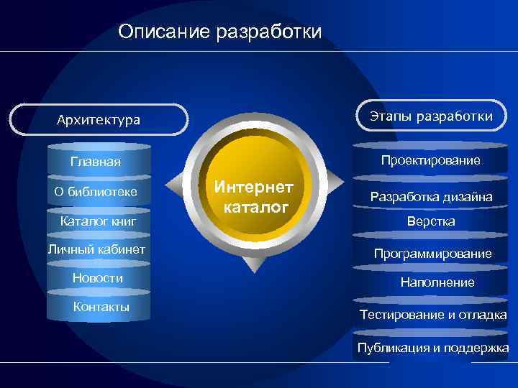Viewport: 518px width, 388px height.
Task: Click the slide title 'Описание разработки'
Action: click(220, 32)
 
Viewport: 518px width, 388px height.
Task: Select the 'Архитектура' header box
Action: click(99, 119)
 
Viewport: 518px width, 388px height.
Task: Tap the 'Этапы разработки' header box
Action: click(432, 116)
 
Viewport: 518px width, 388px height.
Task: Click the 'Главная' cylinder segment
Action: click(96, 161)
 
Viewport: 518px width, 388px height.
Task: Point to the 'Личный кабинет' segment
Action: click(96, 249)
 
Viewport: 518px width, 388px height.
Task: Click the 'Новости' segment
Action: click(98, 278)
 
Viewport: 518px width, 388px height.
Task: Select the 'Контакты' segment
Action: click(101, 307)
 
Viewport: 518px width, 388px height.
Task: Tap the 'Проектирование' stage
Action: click(431, 160)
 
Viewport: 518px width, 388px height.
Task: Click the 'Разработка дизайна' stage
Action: click(431, 196)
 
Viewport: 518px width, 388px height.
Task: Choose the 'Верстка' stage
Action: click(431, 221)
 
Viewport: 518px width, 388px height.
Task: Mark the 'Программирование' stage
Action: click(432, 253)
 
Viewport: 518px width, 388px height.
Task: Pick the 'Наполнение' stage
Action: click(437, 282)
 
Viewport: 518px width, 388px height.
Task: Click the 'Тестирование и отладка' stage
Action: click(433, 315)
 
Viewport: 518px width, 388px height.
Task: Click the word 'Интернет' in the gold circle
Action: click(255, 187)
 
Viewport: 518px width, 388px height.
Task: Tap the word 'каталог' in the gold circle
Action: click(256, 208)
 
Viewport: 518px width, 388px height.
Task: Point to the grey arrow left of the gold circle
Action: click(177, 196)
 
